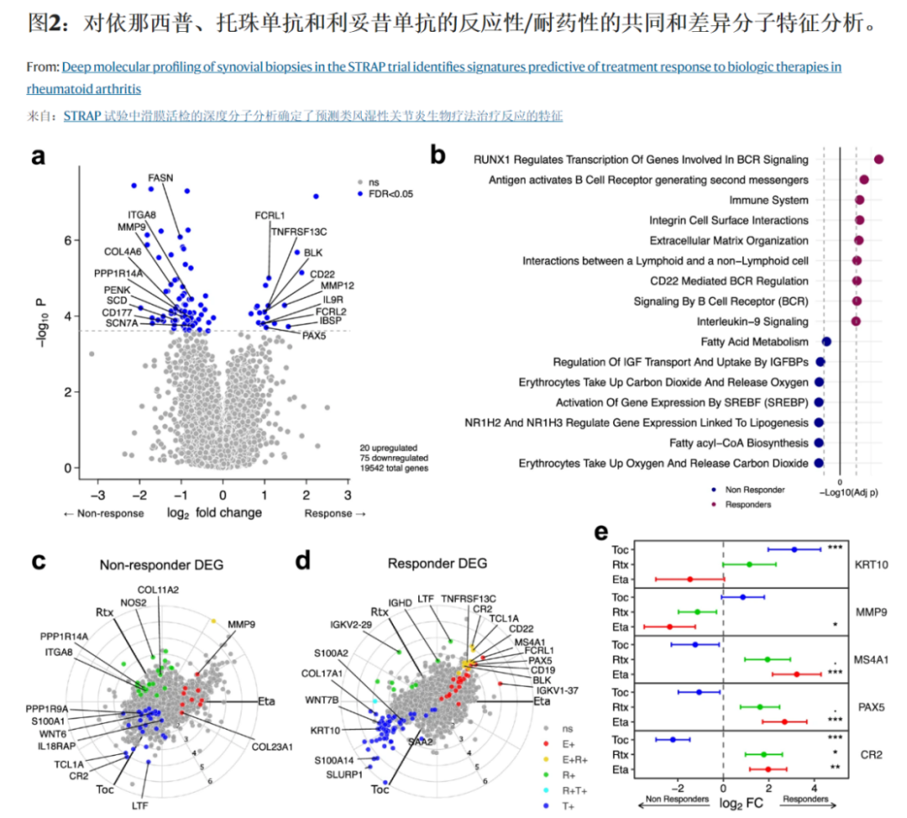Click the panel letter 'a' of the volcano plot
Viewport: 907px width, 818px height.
click(x=39, y=157)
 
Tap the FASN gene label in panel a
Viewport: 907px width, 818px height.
click(x=160, y=178)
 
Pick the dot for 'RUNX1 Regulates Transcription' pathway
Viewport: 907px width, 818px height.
click(x=879, y=159)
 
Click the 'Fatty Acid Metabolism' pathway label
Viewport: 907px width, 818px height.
click(x=754, y=341)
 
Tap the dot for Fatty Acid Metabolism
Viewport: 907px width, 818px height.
click(x=826, y=341)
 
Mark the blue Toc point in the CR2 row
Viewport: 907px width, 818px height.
click(x=673, y=740)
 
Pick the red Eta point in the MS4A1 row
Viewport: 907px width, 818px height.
click(x=796, y=674)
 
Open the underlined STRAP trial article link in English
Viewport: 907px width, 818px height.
click(x=452, y=66)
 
